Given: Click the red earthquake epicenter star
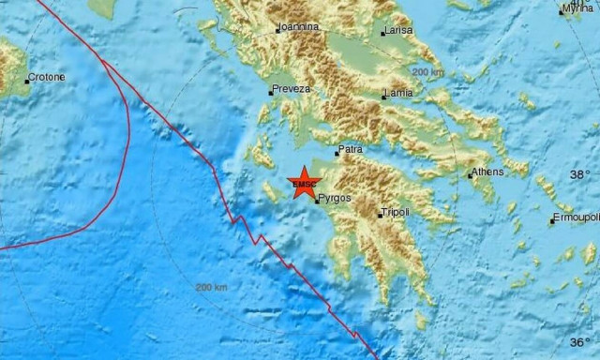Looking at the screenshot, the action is (304, 182).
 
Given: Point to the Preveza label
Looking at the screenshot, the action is (290, 90).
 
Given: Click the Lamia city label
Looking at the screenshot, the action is (399, 95).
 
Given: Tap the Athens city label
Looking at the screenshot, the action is (487, 172).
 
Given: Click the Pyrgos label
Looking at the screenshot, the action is (335, 199).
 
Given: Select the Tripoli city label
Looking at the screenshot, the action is (396, 213).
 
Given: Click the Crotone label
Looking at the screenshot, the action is (47, 78).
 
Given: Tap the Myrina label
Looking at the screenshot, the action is (577, 9).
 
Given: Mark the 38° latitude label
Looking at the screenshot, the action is (581, 174).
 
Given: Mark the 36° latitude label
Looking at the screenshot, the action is (581, 342).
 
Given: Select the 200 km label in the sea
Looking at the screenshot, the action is (211, 287).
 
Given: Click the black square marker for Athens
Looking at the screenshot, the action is (471, 175).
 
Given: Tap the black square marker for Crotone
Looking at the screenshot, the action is (26, 82).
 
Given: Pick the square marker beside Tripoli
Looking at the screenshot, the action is (380, 216).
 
